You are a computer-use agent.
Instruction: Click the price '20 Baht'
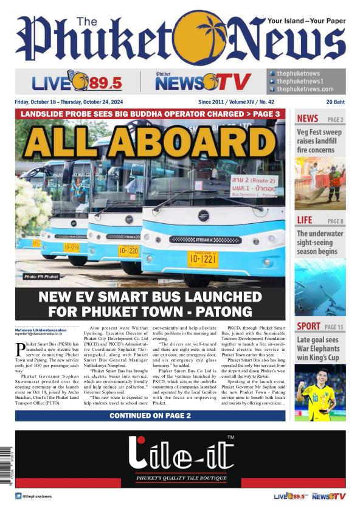click(335, 102)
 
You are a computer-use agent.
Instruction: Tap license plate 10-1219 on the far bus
click(72, 248)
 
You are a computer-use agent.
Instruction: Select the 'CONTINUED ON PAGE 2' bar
click(150, 415)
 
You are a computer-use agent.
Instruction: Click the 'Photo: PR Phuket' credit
click(42, 277)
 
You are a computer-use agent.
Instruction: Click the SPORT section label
click(308, 327)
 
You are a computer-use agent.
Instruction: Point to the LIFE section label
click(305, 220)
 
